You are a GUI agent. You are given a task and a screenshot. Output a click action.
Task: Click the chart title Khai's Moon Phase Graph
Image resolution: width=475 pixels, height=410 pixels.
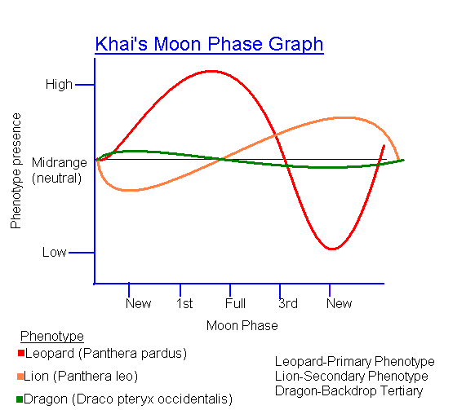click(209, 44)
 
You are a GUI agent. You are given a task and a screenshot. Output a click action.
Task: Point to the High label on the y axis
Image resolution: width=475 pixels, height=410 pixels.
click(59, 84)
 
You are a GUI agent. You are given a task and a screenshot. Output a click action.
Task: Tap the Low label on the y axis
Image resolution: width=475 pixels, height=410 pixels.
click(55, 253)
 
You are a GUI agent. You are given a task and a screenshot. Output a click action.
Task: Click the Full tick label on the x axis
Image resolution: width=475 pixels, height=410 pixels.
click(235, 304)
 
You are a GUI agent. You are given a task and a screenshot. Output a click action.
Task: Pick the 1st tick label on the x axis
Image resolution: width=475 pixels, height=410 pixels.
click(184, 304)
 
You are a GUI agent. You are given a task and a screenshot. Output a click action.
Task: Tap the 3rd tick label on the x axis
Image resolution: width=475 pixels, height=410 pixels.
click(287, 304)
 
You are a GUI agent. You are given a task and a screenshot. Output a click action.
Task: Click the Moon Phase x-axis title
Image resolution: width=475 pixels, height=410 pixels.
click(242, 326)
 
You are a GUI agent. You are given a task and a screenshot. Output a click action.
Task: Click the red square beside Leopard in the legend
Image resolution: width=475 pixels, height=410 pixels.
click(20, 354)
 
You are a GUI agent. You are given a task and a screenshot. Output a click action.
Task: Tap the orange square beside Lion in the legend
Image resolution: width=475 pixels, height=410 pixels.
click(20, 377)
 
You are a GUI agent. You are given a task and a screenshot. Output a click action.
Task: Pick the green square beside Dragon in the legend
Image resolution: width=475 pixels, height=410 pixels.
click(20, 399)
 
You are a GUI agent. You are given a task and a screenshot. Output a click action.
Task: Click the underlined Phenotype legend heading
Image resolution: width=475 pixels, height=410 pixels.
click(52, 337)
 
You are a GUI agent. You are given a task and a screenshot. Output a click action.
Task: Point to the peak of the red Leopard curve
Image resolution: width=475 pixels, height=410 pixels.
click(211, 71)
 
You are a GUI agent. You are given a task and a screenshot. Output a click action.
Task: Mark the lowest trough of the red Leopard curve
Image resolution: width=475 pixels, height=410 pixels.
click(331, 249)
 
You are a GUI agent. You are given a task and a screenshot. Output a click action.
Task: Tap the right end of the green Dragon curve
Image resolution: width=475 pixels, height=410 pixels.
click(402, 160)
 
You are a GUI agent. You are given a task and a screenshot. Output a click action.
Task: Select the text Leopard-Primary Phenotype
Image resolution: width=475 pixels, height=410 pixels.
click(354, 362)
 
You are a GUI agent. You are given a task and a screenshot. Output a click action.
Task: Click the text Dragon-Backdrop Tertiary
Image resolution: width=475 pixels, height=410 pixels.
click(349, 391)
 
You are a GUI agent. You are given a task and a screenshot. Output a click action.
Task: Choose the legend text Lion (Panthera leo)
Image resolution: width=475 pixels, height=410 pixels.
click(82, 377)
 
